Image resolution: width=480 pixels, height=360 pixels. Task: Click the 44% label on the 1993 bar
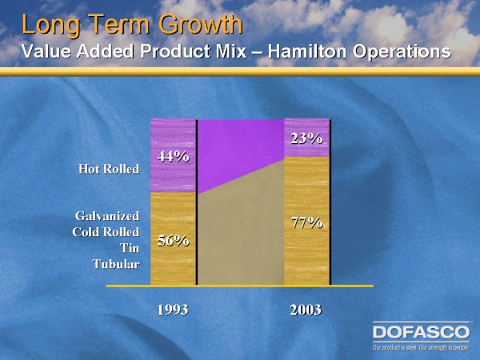(x=172, y=156)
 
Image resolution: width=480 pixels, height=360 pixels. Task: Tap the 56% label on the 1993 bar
(x=172, y=239)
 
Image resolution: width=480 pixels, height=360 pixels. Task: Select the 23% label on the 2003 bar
(x=306, y=138)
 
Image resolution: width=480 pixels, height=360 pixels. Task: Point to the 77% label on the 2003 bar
(x=306, y=222)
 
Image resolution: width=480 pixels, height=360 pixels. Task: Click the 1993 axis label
(x=172, y=308)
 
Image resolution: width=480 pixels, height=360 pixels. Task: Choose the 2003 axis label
(x=306, y=308)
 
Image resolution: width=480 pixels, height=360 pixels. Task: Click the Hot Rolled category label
(x=109, y=168)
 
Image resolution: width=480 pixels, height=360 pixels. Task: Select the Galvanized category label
(x=108, y=216)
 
